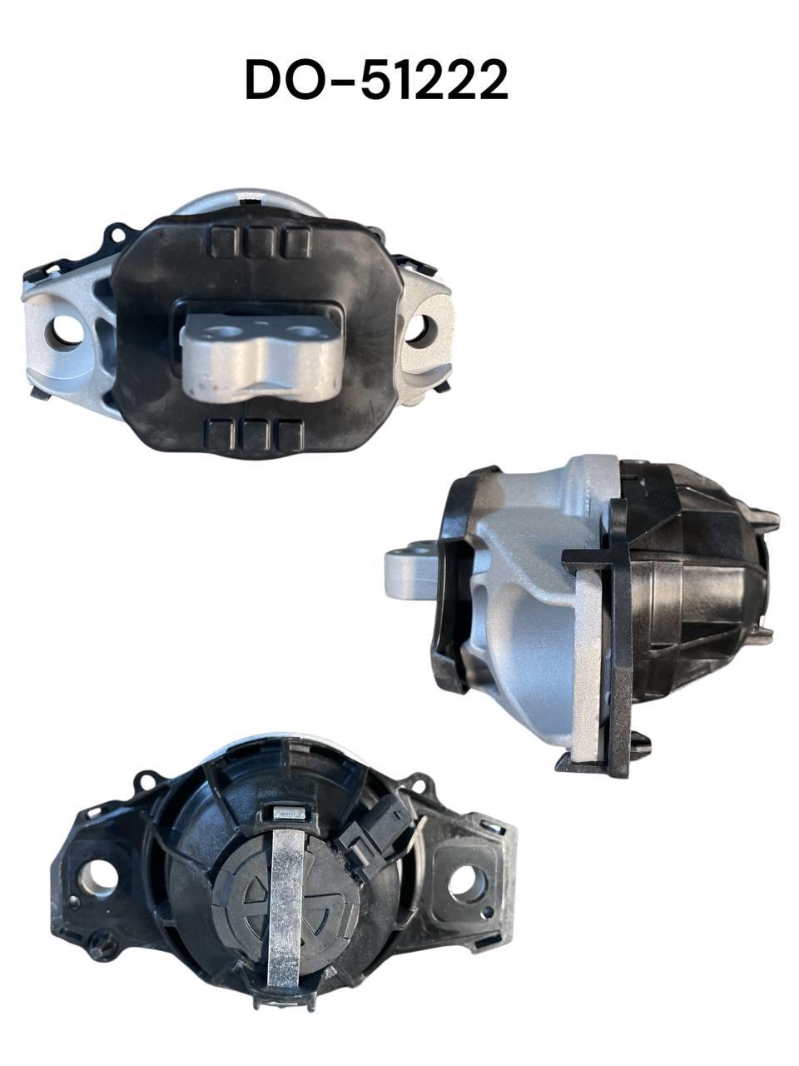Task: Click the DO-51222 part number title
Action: (x=377, y=80)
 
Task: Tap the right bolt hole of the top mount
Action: (x=420, y=331)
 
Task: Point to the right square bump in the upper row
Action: (x=297, y=242)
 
